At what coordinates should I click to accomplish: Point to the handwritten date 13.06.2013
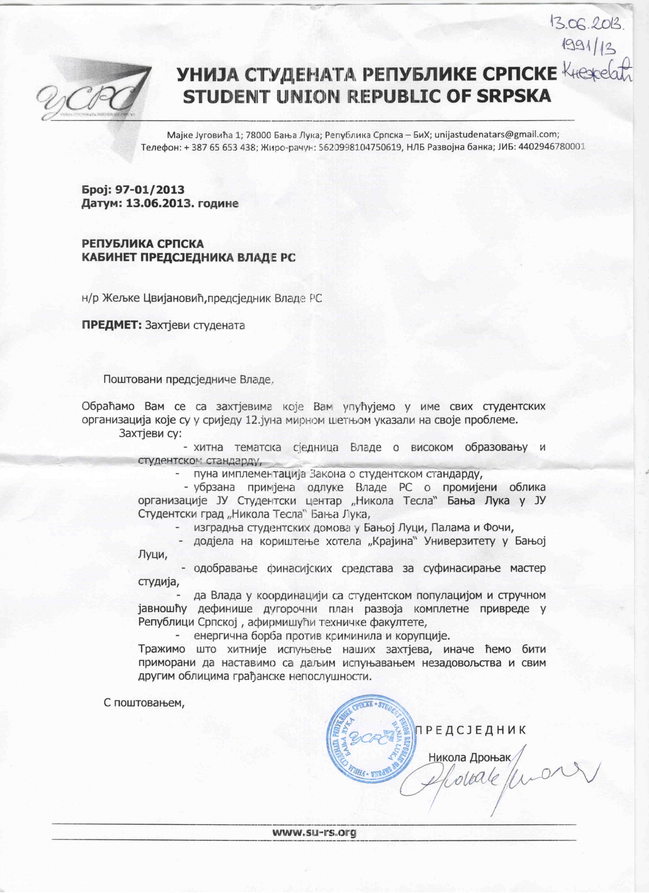[x=587, y=22]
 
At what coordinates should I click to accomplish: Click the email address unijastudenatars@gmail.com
[x=496, y=134]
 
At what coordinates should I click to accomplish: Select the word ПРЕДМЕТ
[x=112, y=325]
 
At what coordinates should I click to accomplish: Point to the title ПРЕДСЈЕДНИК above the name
[x=471, y=730]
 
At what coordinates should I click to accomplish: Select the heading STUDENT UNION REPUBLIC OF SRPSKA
[x=367, y=96]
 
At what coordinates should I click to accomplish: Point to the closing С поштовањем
[x=144, y=702]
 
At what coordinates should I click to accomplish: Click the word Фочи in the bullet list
[x=501, y=528]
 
